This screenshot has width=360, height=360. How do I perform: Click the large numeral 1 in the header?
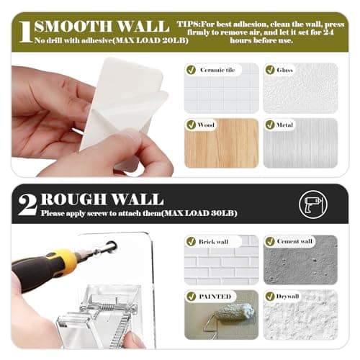pyautogui.click(x=26, y=32)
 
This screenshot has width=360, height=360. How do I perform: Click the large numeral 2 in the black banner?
pyautogui.click(x=27, y=204)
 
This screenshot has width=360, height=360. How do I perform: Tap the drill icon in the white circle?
pyautogui.click(x=312, y=204)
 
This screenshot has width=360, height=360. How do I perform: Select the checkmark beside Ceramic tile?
pyautogui.click(x=192, y=70)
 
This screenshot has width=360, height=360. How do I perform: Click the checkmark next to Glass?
pyautogui.click(x=270, y=70)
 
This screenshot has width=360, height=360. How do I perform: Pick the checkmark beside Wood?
pyautogui.click(x=192, y=125)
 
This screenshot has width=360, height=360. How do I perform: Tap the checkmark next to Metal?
pyautogui.click(x=270, y=125)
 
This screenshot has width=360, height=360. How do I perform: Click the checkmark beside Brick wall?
pyautogui.click(x=192, y=241)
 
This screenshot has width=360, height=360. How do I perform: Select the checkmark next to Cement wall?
pyautogui.click(x=270, y=241)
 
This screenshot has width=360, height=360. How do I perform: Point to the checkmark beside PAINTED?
pyautogui.click(x=192, y=297)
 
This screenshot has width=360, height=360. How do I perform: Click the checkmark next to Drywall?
pyautogui.click(x=270, y=297)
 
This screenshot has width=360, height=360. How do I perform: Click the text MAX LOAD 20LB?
pyautogui.click(x=151, y=40)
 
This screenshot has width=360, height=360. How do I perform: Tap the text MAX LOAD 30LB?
pyautogui.click(x=199, y=213)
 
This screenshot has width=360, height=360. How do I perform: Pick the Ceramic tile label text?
pyautogui.click(x=217, y=70)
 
